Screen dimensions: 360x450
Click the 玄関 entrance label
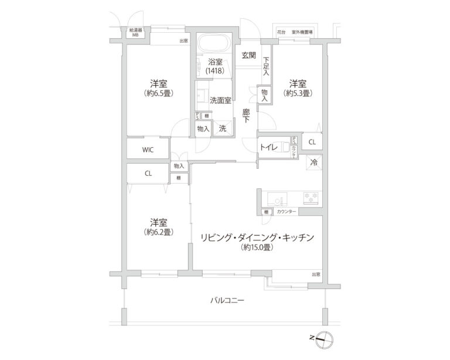pyautogui.click(x=248, y=56)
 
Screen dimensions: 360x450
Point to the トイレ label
pyautogui.click(x=270, y=147)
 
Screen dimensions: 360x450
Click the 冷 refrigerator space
pyautogui.click(x=314, y=162)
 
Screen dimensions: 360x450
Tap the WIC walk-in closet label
pyautogui.click(x=148, y=150)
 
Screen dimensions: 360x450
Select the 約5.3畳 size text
pyautogui.click(x=298, y=93)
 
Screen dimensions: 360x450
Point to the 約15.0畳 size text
pyautogui.click(x=258, y=248)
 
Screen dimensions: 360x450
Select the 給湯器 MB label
pyautogui.click(x=135, y=32)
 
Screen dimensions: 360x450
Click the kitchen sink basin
pyautogui.click(x=275, y=197)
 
